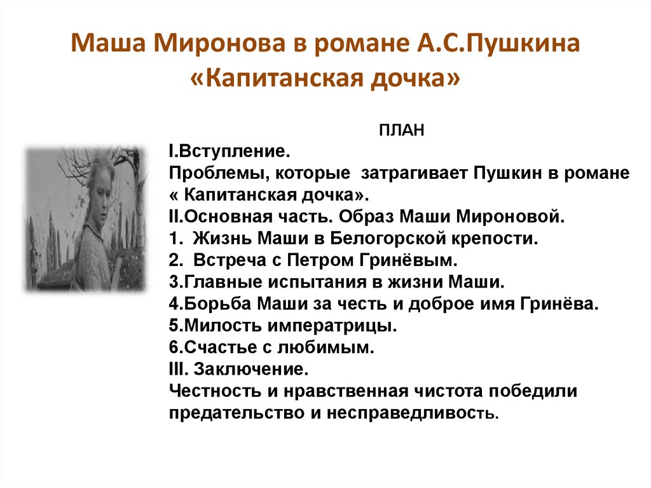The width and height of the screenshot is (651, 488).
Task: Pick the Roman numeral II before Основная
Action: [x=174, y=217]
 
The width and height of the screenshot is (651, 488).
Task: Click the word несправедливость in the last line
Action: [x=414, y=413]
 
